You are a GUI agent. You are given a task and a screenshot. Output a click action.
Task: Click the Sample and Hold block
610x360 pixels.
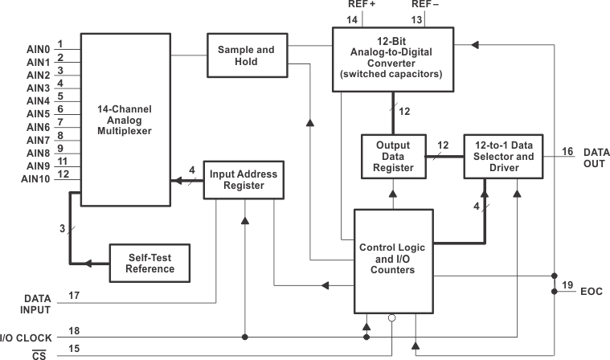(246, 56)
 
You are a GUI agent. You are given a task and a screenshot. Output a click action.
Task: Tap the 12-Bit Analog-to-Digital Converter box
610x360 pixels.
(392, 59)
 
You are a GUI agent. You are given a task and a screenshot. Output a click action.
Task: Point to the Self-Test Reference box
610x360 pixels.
(150, 263)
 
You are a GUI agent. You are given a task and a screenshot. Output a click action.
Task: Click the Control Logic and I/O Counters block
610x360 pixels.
(393, 260)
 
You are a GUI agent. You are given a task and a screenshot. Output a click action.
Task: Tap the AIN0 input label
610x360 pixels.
(38, 49)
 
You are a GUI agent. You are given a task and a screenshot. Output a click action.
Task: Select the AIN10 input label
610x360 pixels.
(36, 178)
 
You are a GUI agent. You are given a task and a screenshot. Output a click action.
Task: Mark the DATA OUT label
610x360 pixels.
(596, 157)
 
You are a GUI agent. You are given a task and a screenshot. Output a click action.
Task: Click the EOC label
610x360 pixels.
(591, 291)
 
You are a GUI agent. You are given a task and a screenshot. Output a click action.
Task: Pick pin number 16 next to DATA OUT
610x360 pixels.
(567, 151)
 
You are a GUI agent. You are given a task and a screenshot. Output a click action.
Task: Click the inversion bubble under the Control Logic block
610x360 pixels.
(391, 318)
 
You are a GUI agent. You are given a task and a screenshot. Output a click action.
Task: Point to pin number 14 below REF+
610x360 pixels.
(350, 18)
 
